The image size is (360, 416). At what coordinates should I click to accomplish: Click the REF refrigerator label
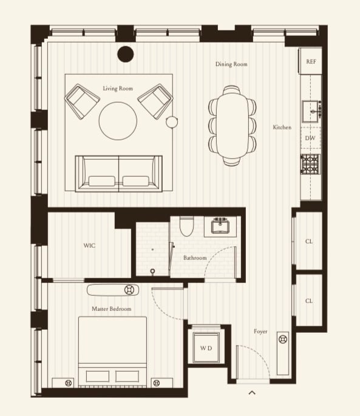[x=311, y=61]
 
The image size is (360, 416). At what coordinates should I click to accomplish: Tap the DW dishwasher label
[x=310, y=138]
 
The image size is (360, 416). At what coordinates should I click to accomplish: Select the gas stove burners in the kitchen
[x=310, y=165]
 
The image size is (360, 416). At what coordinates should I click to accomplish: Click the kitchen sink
[x=310, y=111]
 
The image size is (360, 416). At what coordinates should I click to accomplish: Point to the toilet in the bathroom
[x=187, y=226]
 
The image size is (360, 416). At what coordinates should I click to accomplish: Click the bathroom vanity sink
[x=220, y=227]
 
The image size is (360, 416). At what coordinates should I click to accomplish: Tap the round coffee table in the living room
[x=118, y=121]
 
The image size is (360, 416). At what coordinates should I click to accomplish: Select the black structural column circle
[x=126, y=54]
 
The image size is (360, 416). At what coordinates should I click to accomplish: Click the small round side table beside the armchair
[x=172, y=122]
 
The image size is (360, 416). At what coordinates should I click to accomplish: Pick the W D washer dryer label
[x=206, y=348]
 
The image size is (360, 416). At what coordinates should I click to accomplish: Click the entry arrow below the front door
[x=252, y=393]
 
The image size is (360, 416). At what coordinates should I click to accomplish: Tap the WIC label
[x=89, y=245]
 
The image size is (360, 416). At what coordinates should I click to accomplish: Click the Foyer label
[x=260, y=332]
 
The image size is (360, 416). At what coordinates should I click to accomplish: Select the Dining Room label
[x=231, y=64]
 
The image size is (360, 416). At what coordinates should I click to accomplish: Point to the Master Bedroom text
[x=112, y=309]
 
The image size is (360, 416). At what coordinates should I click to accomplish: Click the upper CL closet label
[x=309, y=242]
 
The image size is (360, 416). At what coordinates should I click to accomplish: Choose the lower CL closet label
[x=309, y=301]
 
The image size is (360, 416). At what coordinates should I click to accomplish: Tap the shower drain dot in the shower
[x=152, y=250]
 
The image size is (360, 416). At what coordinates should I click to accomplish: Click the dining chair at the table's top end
[x=231, y=90]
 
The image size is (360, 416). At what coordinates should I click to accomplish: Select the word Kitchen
[x=282, y=128]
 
